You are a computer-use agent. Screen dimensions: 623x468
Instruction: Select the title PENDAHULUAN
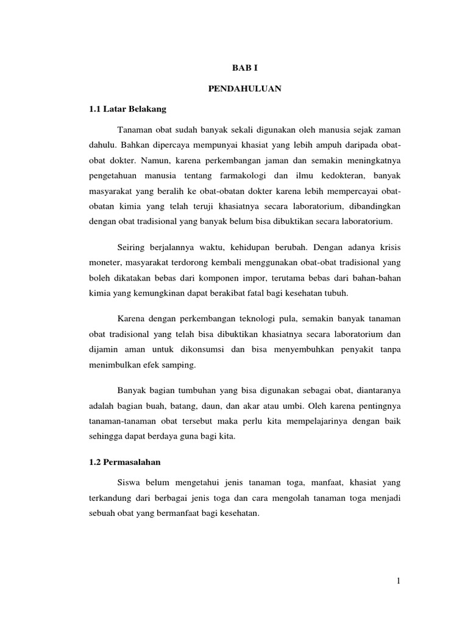tap(244, 89)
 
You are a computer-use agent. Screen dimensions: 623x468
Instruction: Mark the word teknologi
tap(246, 319)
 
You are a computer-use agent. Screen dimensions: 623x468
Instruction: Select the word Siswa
tap(128, 482)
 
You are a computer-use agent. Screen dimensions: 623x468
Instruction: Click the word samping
tap(180, 365)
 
